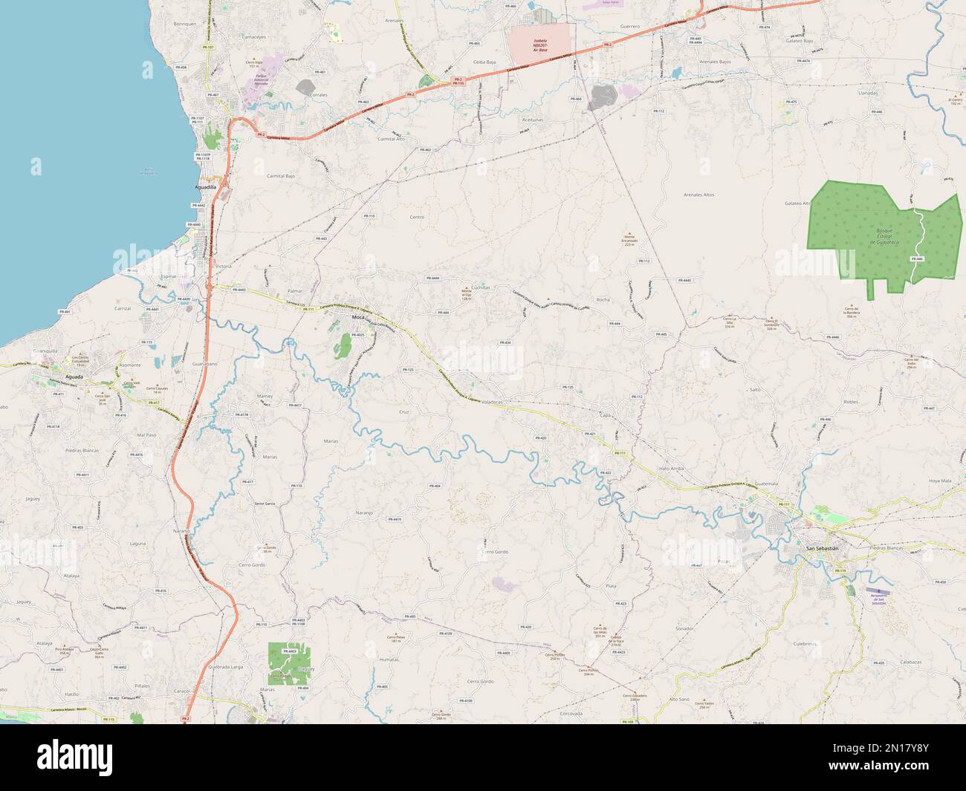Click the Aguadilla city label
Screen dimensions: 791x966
coord(204,188)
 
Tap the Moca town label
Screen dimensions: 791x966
coord(359,318)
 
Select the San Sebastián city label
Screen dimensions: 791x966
coord(822,548)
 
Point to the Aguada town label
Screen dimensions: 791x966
coord(74,377)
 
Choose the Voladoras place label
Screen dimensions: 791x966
coord(493,401)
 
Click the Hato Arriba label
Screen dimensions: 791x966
coord(671,470)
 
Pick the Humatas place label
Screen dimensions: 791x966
coord(389,660)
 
